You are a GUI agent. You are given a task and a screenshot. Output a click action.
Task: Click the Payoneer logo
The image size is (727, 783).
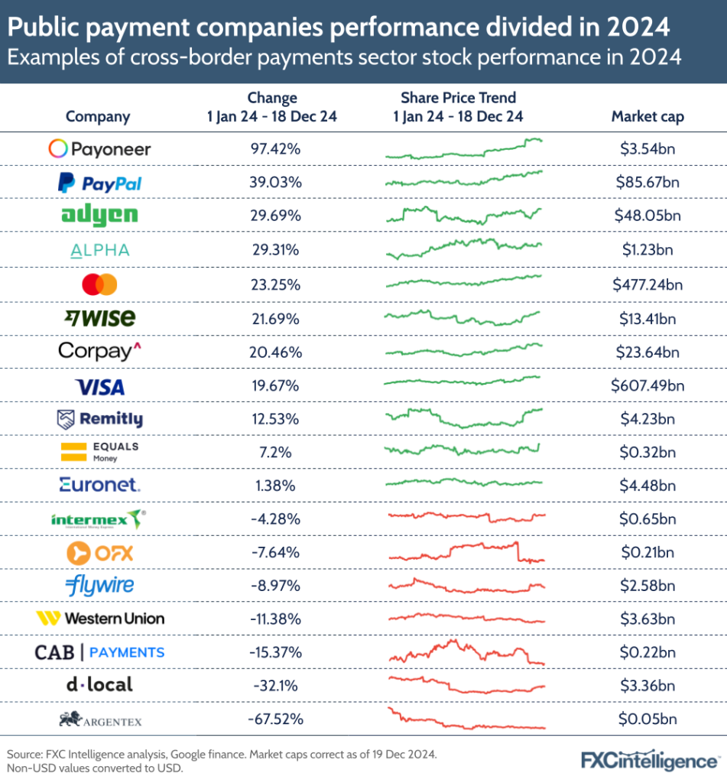(x=99, y=149)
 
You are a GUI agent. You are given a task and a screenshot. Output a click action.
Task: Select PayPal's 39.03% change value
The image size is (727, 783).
(x=273, y=184)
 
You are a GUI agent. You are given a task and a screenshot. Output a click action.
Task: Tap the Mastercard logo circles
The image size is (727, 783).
(x=99, y=285)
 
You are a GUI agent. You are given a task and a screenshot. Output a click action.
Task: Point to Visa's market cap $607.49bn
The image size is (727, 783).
(x=647, y=386)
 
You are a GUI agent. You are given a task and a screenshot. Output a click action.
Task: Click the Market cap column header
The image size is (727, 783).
(x=647, y=117)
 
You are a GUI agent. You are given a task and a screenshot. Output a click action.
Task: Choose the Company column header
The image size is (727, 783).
(x=98, y=117)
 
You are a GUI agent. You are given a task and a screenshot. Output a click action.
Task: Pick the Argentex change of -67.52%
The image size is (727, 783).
(x=273, y=720)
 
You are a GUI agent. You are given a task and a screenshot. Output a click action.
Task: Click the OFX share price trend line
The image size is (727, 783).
(x=466, y=551)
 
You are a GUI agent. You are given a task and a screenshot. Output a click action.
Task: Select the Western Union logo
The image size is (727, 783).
(x=99, y=618)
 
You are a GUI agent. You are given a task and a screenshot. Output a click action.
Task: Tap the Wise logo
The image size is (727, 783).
(x=99, y=318)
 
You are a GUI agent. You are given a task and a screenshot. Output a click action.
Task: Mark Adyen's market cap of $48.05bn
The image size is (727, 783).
(x=647, y=216)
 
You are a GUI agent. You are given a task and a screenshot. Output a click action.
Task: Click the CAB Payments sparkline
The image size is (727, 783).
(x=466, y=652)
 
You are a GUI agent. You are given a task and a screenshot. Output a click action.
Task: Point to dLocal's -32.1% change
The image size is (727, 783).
(x=273, y=686)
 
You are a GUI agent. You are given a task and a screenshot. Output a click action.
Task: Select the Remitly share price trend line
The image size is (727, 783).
(x=466, y=417)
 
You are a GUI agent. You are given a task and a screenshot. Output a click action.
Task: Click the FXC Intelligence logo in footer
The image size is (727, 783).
(x=649, y=761)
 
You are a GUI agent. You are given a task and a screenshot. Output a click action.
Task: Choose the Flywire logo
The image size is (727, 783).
(x=99, y=586)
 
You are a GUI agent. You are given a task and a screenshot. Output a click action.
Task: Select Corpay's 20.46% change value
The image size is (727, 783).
(x=273, y=353)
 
